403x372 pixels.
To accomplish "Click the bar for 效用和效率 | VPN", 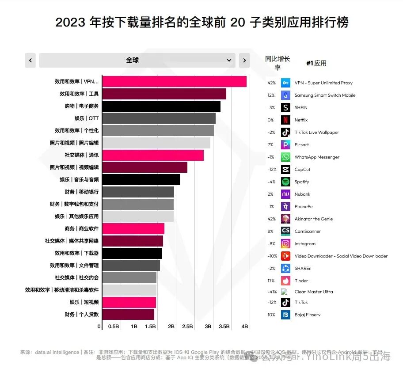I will pyautogui.click(x=174, y=82).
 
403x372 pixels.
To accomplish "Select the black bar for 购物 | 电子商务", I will pyautogui.click(x=161, y=106).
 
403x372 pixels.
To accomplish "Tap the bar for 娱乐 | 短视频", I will pyautogui.click(x=129, y=302).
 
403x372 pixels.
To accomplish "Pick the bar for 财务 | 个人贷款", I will pyautogui.click(x=128, y=315).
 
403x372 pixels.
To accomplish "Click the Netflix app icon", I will pyautogui.click(x=286, y=120).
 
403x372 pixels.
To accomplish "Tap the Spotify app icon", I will pyautogui.click(x=286, y=182).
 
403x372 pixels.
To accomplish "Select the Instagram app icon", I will pyautogui.click(x=286, y=243).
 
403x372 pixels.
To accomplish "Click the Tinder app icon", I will pyautogui.click(x=286, y=281).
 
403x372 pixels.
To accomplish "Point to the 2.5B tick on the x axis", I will pyautogui.click(x=187, y=326).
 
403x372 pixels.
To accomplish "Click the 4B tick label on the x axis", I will pyautogui.click(x=245, y=326).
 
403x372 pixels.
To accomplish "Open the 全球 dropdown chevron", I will pyautogui.click(x=229, y=60).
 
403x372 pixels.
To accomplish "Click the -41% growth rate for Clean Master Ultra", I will pyautogui.click(x=272, y=292).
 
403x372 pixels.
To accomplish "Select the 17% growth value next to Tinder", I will pyautogui.click(x=272, y=281).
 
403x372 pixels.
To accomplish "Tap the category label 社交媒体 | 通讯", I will pyautogui.click(x=82, y=155).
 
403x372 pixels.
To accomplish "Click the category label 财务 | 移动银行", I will pyautogui.click(x=82, y=192).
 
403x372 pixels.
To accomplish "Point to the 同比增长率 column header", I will pyautogui.click(x=278, y=63).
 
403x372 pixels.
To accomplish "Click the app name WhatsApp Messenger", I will pyautogui.click(x=317, y=157).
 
